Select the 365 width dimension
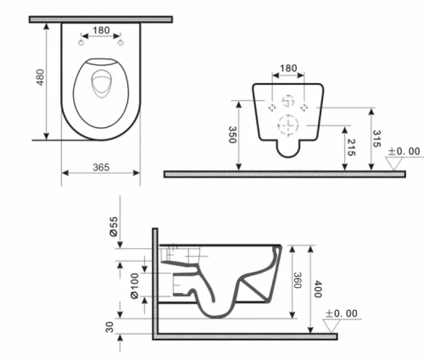tap(101, 168)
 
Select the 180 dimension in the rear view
tap(290, 69)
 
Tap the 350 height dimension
tap(234, 136)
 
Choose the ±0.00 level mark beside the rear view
tap(404, 151)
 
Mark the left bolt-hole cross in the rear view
tap(271, 108)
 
